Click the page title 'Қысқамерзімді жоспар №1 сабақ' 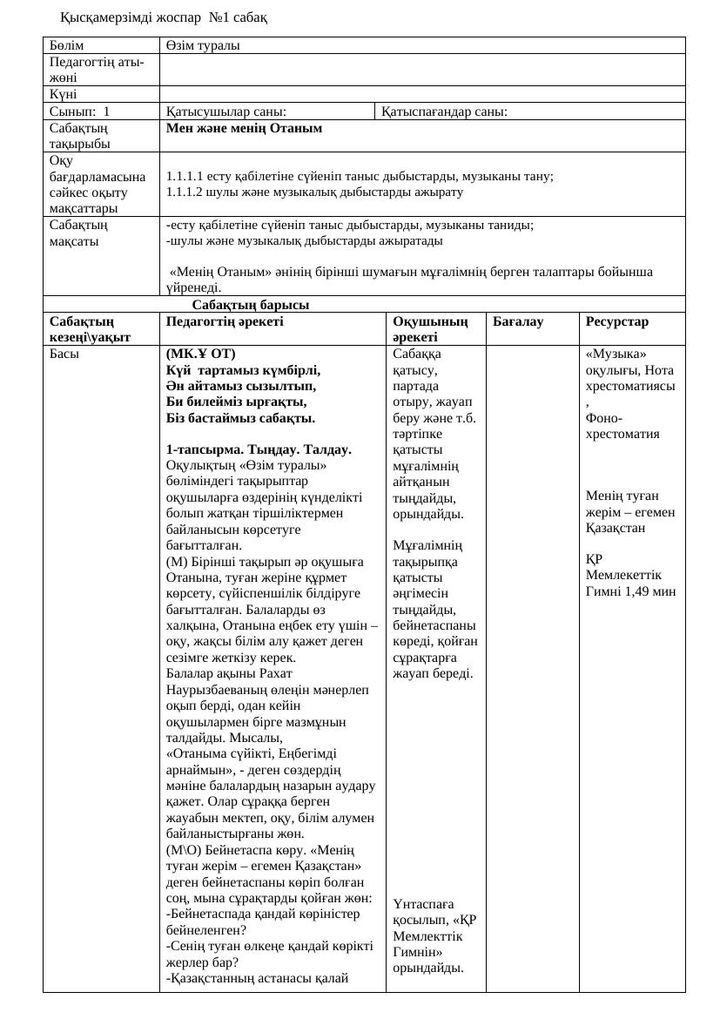pos(164,17)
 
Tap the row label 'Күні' pos(64,94)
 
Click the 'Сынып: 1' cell pos(80,111)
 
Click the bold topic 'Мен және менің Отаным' pos(244,128)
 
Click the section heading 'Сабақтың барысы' pos(251,305)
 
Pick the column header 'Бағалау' pos(518,321)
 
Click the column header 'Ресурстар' pos(617,321)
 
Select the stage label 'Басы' pos(64,354)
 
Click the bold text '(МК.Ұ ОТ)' pos(200,354)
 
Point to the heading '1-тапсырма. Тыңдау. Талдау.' pos(258,449)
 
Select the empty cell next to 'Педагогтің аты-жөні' pos(422,70)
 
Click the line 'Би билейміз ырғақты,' pos(236,402)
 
